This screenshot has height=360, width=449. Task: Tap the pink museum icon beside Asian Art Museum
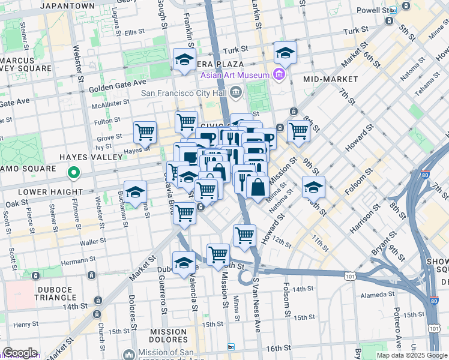(x=277, y=74)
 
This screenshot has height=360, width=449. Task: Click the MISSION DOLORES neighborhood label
(x=169, y=336)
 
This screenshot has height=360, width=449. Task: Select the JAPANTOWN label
(x=67, y=5)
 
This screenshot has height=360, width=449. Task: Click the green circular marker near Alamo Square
(x=74, y=174)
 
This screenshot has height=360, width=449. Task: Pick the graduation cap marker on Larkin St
(x=285, y=52)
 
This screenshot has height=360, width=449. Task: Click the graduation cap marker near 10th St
(x=313, y=187)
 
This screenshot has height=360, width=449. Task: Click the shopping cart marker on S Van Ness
(x=244, y=235)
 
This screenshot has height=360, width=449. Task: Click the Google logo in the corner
(x=20, y=353)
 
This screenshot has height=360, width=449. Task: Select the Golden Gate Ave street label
(x=118, y=82)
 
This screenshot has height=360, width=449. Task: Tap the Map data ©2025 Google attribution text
(x=411, y=355)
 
